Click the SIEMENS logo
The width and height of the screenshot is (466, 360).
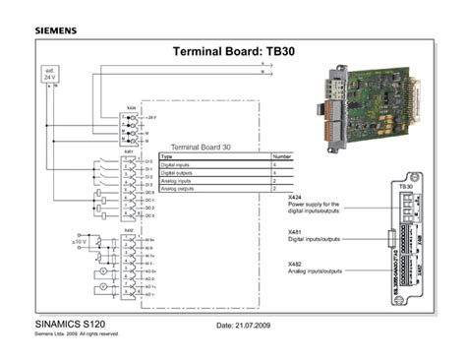(x=62, y=30)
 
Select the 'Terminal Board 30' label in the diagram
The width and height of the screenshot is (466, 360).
(x=201, y=147)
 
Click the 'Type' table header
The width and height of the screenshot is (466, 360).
(x=167, y=156)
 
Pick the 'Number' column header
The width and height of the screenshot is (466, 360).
(x=282, y=156)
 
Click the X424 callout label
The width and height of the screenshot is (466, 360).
(x=295, y=197)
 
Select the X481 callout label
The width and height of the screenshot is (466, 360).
(x=295, y=231)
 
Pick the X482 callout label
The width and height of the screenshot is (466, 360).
(x=295, y=265)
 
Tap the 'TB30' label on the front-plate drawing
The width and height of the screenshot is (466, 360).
(x=405, y=186)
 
